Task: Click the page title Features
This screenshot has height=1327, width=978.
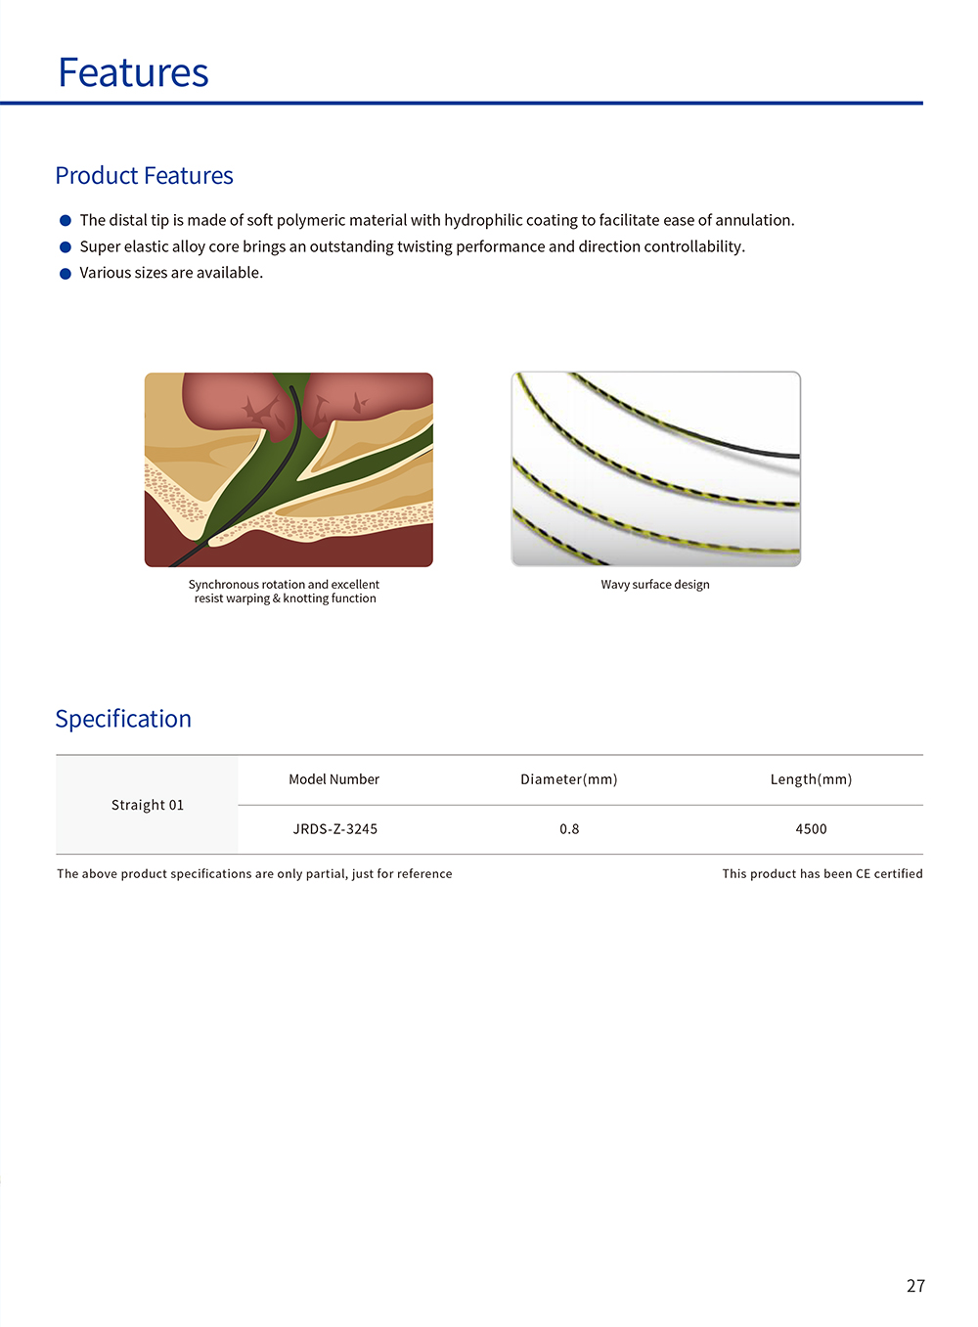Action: [x=133, y=73]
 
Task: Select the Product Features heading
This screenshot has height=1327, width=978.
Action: [x=144, y=176]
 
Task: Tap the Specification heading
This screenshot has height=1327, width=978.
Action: [x=123, y=719]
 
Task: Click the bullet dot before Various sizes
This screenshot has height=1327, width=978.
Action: [x=66, y=274]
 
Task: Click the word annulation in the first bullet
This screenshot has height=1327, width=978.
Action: [x=754, y=221]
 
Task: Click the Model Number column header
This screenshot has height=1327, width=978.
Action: [x=333, y=779]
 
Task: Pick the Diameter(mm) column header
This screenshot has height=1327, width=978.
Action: [x=568, y=779]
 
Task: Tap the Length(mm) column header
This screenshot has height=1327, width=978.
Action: [x=811, y=779]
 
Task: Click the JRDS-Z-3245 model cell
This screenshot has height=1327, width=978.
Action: [x=334, y=829]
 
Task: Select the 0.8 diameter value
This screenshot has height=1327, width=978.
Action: [x=569, y=829]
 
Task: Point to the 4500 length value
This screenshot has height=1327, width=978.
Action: [x=811, y=829]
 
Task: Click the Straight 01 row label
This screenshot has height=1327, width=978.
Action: [x=148, y=805]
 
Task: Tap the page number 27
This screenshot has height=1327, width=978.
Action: [x=915, y=1286]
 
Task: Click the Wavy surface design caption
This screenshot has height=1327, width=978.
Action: [x=655, y=585]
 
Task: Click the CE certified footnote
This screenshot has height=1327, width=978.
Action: [x=822, y=874]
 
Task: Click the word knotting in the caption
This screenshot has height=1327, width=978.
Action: [x=305, y=598]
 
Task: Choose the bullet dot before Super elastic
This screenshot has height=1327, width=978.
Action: [x=66, y=247]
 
